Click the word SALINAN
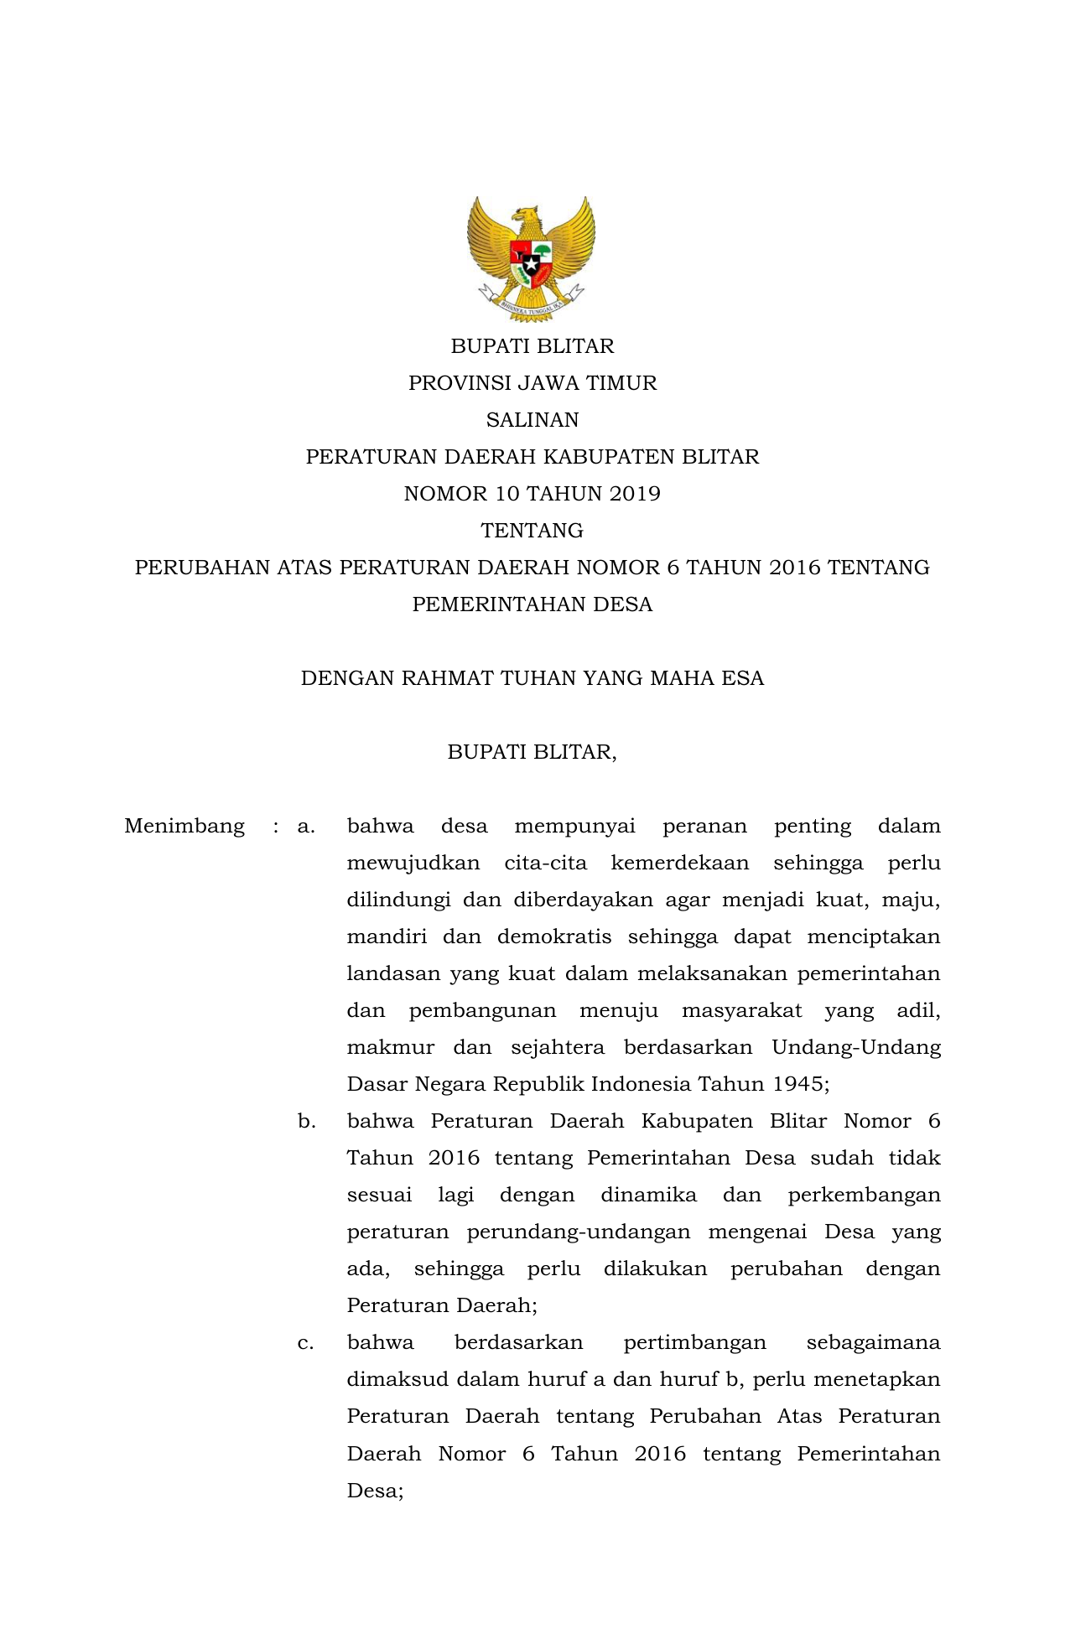[532, 420]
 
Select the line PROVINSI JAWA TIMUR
[532, 383]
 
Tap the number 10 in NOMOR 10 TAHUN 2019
[507, 494]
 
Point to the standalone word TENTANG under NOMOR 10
[532, 531]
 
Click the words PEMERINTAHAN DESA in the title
[532, 604]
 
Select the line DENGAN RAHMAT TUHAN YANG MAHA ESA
[532, 678]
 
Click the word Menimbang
[184, 827]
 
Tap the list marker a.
[306, 827]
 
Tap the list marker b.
[306, 1122]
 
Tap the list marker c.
[306, 1343]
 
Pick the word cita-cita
[546, 864]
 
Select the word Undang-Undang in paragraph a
[856, 1048]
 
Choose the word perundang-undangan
[579, 1232]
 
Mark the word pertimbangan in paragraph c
[694, 1343]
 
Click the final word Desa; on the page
[375, 1491]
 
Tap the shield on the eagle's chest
[531, 260]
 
